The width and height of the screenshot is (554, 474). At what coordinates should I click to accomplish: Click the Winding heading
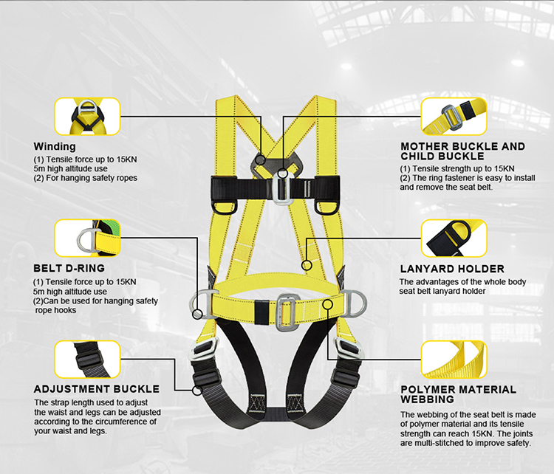(x=55, y=146)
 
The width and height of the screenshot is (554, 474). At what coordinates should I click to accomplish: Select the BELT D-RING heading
(x=69, y=268)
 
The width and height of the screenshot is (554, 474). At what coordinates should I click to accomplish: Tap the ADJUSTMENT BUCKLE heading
(x=97, y=389)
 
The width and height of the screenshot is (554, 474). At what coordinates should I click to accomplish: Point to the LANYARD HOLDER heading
(x=452, y=269)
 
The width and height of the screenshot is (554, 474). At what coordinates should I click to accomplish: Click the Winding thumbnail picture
(x=87, y=116)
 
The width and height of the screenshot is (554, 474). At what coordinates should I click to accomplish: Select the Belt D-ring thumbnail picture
(x=87, y=238)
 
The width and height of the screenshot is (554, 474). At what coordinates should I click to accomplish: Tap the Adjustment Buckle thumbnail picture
(x=87, y=360)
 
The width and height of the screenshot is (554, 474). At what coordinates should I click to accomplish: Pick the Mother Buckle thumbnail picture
(x=454, y=116)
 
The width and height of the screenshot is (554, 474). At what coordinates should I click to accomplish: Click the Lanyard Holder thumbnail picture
(x=454, y=238)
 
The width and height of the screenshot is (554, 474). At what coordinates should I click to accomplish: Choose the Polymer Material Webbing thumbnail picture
(x=454, y=360)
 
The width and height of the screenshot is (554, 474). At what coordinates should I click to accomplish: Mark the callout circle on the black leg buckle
(x=197, y=391)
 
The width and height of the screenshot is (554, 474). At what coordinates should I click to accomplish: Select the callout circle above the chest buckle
(x=283, y=174)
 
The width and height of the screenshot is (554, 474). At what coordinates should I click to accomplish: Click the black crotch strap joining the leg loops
(x=276, y=413)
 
